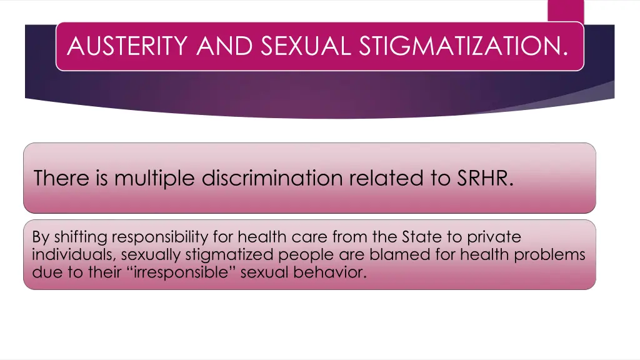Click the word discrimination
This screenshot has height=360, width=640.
[273, 179]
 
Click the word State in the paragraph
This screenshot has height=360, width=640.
[422, 237]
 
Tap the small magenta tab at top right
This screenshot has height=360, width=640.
[566, 11]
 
